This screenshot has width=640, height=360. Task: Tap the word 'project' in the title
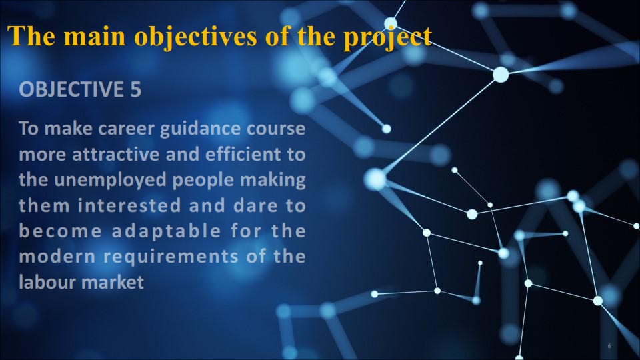[x=387, y=37]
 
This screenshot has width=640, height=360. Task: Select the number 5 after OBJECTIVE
[x=136, y=89]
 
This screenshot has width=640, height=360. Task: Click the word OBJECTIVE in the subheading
[x=71, y=89]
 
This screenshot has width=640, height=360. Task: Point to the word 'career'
[x=127, y=129]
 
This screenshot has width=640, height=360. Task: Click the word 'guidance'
[x=201, y=129]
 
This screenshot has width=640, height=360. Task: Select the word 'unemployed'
[x=110, y=181]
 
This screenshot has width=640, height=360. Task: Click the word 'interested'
[x=129, y=205]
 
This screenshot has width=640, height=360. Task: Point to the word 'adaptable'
[x=167, y=232]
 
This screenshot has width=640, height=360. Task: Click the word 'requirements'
[x=171, y=257]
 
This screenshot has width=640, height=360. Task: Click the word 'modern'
[x=57, y=257]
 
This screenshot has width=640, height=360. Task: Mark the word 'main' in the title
[x=95, y=36]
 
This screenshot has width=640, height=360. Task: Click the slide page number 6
[x=609, y=346]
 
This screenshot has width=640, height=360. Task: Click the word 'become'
[x=61, y=231]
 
